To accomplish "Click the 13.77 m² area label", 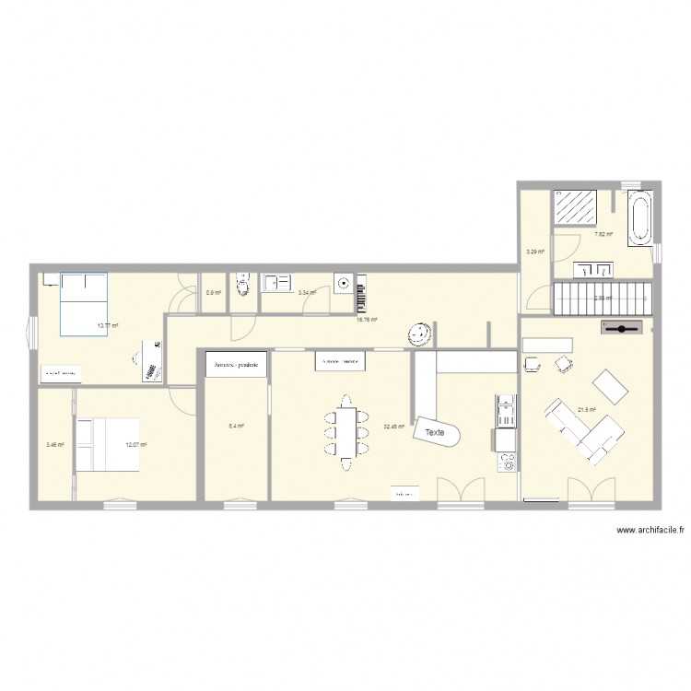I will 108,325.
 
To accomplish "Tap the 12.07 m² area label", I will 136,445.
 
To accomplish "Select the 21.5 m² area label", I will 586,410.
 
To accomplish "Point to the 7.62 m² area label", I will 603,234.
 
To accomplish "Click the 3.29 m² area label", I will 534,250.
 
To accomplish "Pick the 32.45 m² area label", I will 394,427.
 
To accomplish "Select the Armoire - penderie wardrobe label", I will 237,365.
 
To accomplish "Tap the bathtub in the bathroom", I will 638,218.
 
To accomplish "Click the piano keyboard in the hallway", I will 360,293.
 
